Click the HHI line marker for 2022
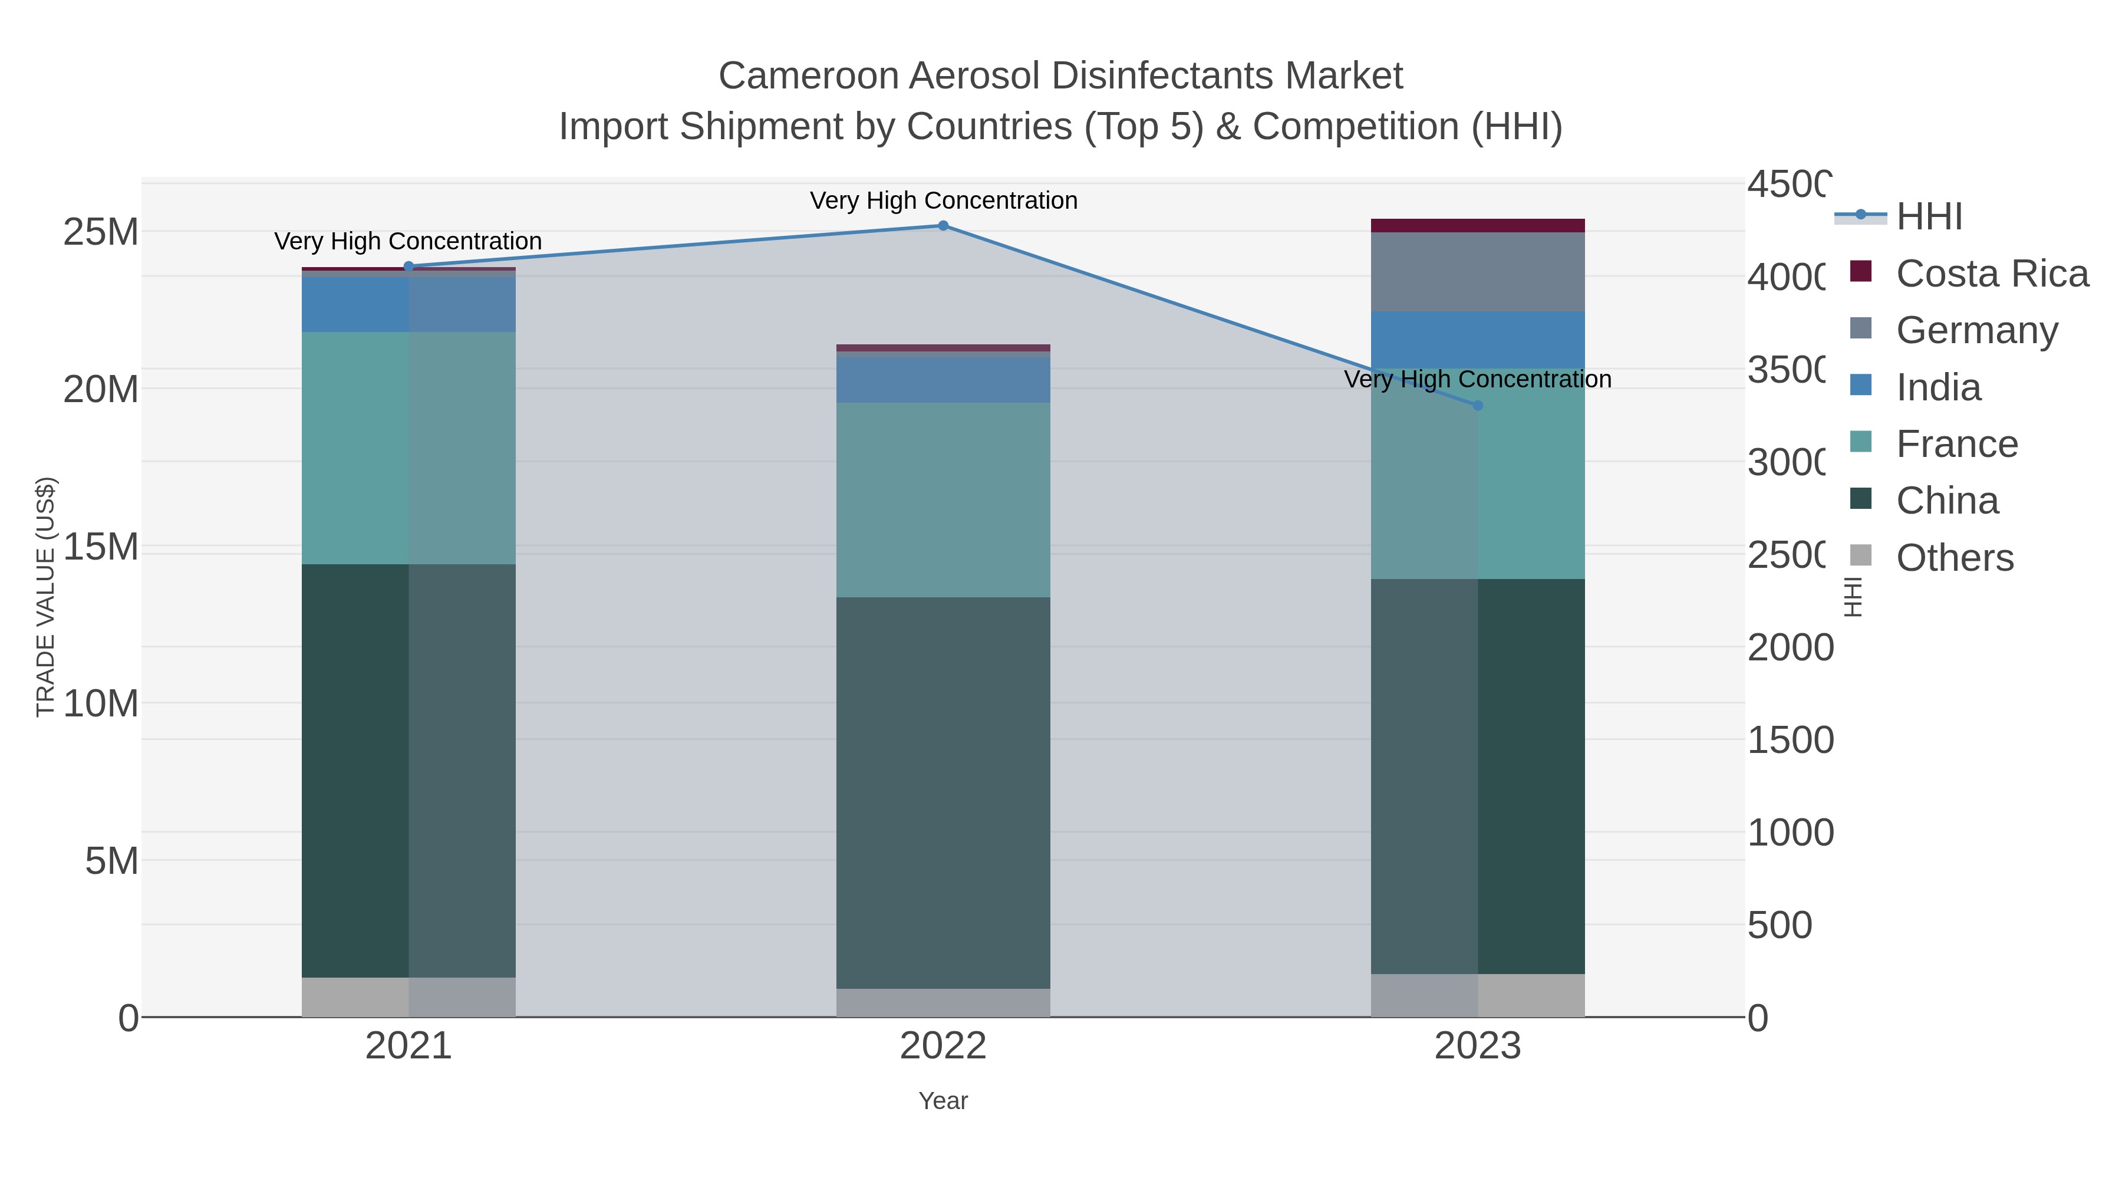coord(943,226)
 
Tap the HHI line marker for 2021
coord(408,266)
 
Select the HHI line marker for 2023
coord(1477,406)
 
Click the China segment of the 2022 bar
coord(943,791)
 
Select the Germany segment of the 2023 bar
coord(1477,271)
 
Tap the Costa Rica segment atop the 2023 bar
coord(1477,226)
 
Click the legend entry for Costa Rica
coord(1991,274)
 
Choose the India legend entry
coord(1938,387)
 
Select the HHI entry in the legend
coord(1929,217)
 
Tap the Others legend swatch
coord(1861,556)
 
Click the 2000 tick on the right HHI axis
coord(1789,647)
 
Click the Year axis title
coord(943,1101)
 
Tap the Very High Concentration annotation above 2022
coord(943,200)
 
